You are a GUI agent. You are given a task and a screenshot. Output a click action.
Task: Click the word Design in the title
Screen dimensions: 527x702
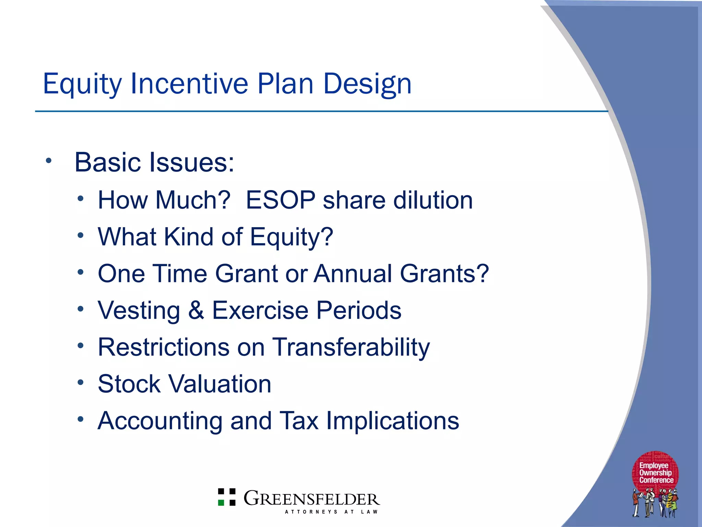point(367,84)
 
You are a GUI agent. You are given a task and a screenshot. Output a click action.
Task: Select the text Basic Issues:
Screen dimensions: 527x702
point(154,162)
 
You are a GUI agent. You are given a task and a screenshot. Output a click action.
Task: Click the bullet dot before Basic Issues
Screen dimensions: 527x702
point(49,160)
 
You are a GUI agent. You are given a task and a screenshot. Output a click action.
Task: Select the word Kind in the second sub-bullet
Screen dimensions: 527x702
point(189,237)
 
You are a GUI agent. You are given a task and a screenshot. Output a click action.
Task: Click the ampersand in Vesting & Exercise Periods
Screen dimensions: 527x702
point(196,310)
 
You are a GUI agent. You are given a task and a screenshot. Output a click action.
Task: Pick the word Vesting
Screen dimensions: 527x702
point(139,310)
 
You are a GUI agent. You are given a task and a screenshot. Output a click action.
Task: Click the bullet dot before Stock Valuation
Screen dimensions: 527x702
point(81,382)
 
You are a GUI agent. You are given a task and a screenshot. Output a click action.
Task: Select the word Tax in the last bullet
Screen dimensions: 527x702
point(299,421)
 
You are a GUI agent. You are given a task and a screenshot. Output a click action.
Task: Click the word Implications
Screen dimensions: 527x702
point(392,421)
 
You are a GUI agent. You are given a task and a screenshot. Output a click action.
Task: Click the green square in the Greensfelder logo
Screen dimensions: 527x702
point(221,503)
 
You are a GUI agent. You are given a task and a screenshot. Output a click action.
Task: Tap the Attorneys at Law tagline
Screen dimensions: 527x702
point(331,512)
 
